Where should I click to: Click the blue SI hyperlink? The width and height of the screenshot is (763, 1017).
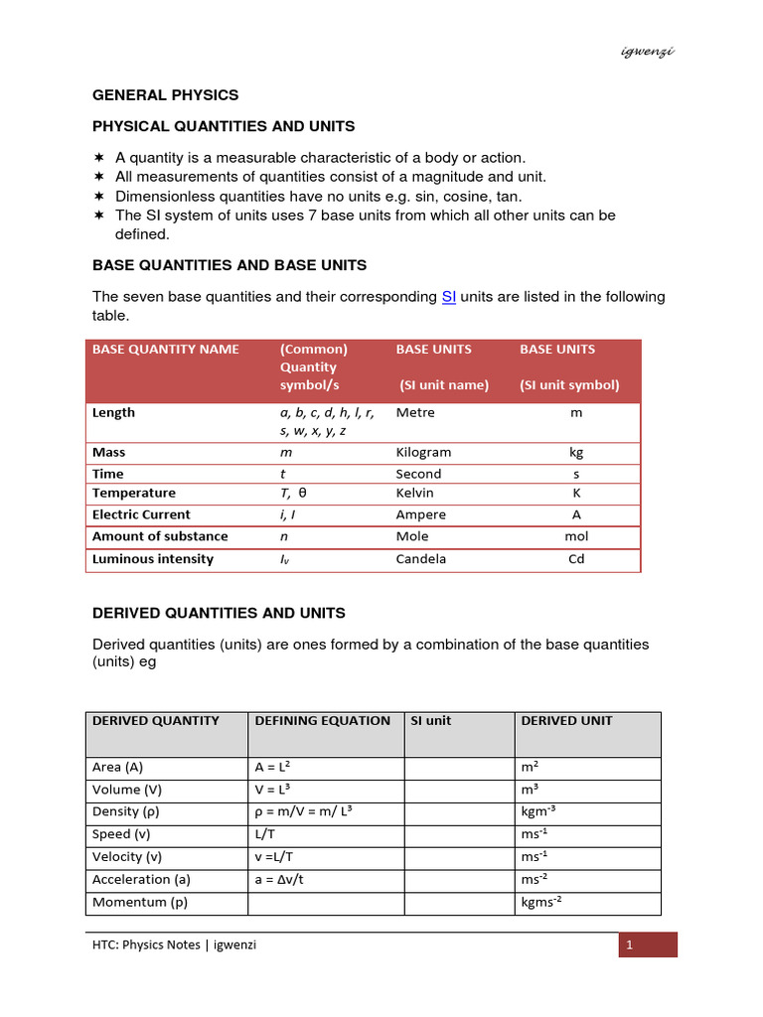(x=448, y=297)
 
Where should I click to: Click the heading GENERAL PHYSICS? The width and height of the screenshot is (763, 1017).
(x=165, y=95)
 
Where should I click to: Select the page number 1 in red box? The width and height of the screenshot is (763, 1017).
(x=629, y=945)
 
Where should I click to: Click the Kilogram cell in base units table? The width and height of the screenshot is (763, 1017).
(x=423, y=452)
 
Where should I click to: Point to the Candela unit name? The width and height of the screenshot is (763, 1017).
(x=421, y=559)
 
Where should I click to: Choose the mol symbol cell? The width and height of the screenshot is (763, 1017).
(x=576, y=536)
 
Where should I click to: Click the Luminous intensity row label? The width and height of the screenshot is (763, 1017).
(x=152, y=559)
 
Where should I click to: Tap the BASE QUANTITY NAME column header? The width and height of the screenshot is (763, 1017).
(x=165, y=350)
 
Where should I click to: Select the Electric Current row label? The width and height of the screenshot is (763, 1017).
(x=141, y=514)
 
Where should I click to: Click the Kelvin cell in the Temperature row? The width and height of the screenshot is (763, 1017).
(x=415, y=493)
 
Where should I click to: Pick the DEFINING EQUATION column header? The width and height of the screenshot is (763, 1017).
(x=322, y=721)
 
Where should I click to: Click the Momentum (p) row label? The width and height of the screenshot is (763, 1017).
(x=139, y=903)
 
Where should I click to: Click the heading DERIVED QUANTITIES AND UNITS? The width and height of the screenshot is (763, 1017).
(x=219, y=614)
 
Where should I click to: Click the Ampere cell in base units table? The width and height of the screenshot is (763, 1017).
(x=421, y=514)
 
